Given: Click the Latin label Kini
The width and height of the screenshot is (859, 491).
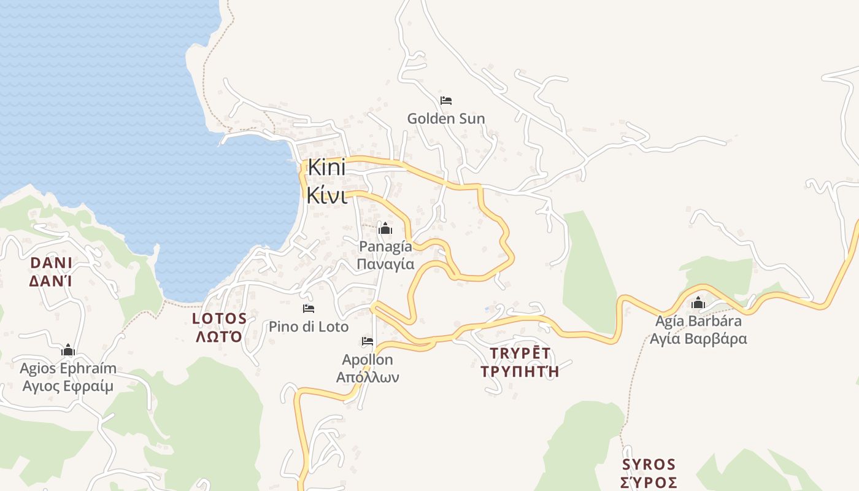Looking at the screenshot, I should click(326, 167).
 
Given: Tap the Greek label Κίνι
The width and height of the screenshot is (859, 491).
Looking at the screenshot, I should click(326, 196).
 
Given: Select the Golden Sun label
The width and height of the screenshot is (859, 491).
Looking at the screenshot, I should click(446, 118).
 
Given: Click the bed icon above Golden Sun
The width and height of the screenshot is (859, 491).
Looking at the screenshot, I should click(446, 101).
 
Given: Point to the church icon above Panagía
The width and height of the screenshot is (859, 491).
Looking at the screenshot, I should click(385, 229).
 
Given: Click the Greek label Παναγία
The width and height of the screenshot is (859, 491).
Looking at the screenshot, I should click(385, 265).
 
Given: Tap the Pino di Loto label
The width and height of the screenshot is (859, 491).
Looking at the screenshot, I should click(309, 327).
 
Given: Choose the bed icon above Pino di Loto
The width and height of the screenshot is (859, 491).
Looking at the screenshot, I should click(309, 308).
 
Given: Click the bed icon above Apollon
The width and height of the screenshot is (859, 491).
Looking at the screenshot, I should click(368, 341).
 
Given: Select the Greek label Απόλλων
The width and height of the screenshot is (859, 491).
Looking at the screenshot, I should click(368, 377).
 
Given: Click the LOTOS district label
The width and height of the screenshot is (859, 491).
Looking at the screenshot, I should click(220, 319).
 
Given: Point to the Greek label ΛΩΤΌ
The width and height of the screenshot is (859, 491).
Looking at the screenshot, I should click(219, 337).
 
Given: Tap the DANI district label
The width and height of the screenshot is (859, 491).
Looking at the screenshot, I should click(52, 263).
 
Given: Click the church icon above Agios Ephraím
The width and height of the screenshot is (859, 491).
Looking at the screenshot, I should click(68, 350).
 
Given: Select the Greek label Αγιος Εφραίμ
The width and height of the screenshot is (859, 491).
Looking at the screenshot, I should click(68, 386).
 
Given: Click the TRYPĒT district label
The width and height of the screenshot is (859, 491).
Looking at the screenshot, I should click(520, 353).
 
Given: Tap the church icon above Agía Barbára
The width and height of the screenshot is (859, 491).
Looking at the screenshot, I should click(698, 303).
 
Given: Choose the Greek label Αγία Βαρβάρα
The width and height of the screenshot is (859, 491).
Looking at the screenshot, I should click(698, 338).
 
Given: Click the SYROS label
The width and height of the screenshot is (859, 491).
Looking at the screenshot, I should click(649, 464).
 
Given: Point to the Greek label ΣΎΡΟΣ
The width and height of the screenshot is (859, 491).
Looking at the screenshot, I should click(649, 482).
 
